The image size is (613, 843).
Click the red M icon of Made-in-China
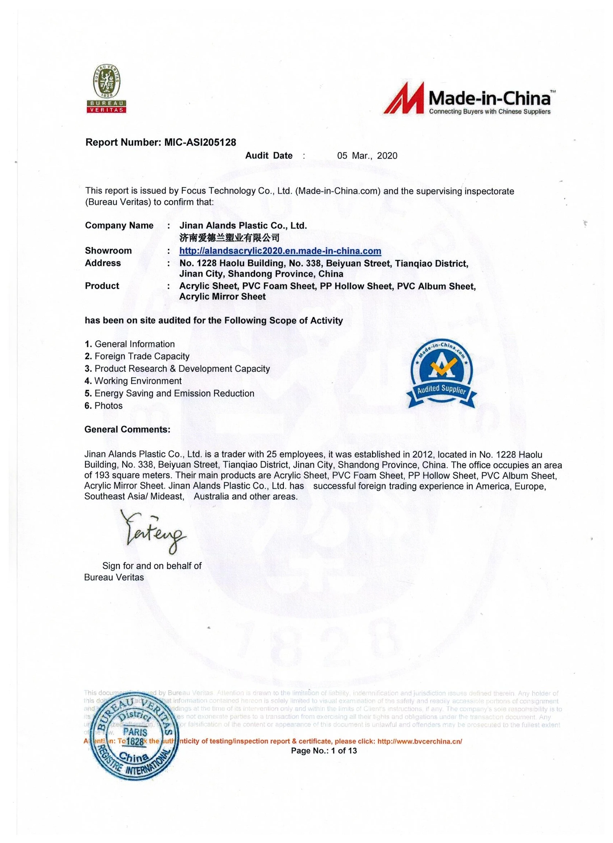pyautogui.click(x=404, y=98)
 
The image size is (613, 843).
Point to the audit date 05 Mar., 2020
pyautogui.click(x=367, y=156)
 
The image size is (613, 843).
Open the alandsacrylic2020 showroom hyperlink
pyautogui.click(x=280, y=251)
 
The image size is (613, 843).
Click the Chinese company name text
pyautogui.click(x=229, y=238)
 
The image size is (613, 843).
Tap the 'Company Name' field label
pyautogui.click(x=119, y=226)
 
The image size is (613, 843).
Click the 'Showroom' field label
pyautogui.click(x=108, y=251)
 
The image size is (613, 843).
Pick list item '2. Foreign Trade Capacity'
pyautogui.click(x=137, y=356)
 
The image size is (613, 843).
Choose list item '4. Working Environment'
pyautogui.click(x=133, y=381)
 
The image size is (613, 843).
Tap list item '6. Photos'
pyautogui.click(x=103, y=406)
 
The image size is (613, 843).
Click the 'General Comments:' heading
pyautogui.click(x=127, y=429)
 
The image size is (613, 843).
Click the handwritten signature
pyautogui.click(x=153, y=531)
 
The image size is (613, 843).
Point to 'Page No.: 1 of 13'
pyautogui.click(x=324, y=750)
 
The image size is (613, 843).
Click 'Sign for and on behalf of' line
pyautogui.click(x=152, y=566)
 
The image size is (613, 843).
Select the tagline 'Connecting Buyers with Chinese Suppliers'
pyautogui.click(x=490, y=111)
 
